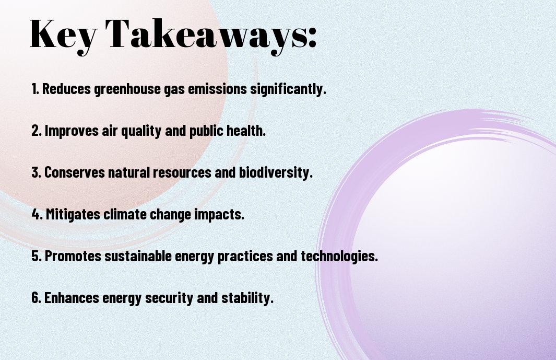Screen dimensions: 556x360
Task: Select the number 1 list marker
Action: pos(35,89)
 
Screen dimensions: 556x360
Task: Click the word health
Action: pos(246,131)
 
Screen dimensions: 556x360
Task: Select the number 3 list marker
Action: pos(36,172)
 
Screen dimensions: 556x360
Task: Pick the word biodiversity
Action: pos(276,173)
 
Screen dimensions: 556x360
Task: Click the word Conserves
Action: pos(75,172)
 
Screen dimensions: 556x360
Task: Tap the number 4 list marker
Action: pos(37,214)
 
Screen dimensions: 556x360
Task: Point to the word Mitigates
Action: pos(73,215)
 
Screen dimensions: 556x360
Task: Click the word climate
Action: pos(125,214)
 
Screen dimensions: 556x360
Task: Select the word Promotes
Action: pos(73,256)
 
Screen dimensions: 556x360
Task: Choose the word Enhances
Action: pos(72,297)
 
